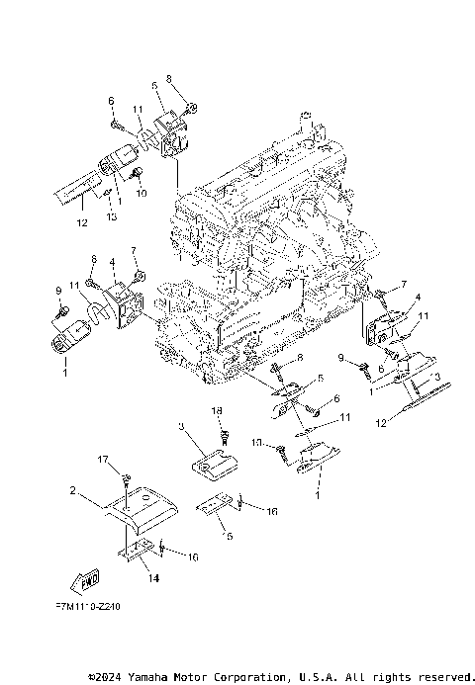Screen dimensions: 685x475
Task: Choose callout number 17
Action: click(x=101, y=460)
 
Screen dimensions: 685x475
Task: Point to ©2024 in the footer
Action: click(x=104, y=677)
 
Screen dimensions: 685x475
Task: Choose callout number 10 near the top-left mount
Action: click(x=141, y=194)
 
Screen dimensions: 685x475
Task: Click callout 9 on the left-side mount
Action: click(x=57, y=290)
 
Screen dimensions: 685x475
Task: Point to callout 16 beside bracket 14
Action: click(x=193, y=557)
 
